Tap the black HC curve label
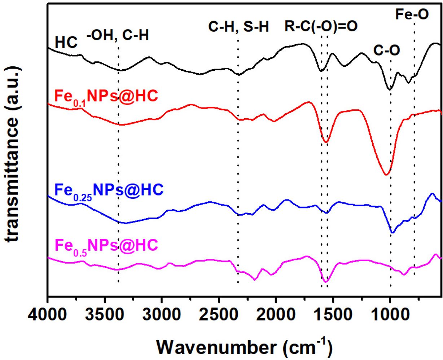tap(66, 43)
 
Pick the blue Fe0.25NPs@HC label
tap(108, 190)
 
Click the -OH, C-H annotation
tap(118, 35)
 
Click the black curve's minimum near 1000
tap(389, 89)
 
